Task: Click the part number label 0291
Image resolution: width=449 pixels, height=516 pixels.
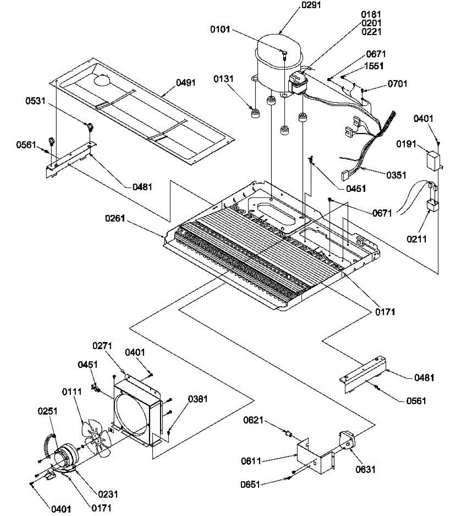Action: tap(311, 5)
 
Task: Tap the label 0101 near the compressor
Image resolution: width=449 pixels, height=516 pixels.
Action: tap(220, 30)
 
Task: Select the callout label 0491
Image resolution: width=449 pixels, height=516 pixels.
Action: tap(186, 83)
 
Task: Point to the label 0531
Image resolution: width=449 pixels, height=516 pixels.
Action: tap(35, 101)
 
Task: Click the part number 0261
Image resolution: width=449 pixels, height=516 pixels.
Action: tap(115, 218)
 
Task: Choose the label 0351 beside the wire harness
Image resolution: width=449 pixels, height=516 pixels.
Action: tap(396, 175)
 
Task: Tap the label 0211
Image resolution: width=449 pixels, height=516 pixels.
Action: tap(416, 239)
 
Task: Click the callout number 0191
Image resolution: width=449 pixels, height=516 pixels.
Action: tap(406, 144)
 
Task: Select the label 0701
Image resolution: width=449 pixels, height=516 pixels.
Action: tap(397, 84)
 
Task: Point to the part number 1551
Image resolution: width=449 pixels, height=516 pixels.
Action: tap(374, 66)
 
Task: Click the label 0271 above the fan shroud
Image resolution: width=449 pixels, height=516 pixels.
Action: tap(102, 346)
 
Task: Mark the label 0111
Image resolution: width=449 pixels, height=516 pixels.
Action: tap(72, 392)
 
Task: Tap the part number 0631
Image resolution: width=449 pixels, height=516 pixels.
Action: tap(366, 469)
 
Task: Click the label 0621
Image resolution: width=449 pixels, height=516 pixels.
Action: tap(253, 420)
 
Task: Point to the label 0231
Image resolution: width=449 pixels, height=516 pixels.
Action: tap(108, 494)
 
